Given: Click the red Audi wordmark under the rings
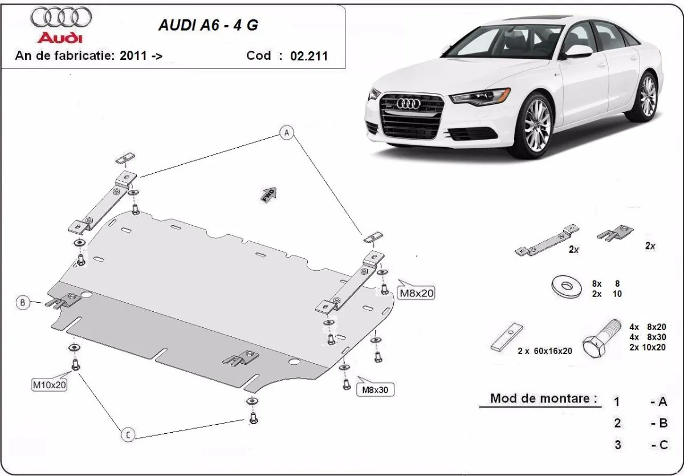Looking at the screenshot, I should (x=60, y=37).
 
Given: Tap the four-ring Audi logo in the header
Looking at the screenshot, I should (x=61, y=18).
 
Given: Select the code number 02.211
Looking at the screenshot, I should (x=309, y=56).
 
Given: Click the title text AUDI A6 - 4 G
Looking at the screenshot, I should (x=211, y=26).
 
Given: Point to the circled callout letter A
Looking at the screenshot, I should (x=287, y=133).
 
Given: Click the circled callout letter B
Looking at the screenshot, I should (x=23, y=302).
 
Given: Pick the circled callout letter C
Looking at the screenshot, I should (x=128, y=435).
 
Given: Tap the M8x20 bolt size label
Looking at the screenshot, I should (x=416, y=294).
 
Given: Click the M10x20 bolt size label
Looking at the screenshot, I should (x=50, y=385).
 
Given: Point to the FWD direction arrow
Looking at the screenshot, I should (x=268, y=194).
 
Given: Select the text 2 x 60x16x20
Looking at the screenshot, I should (x=544, y=351).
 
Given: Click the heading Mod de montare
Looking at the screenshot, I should (x=544, y=398).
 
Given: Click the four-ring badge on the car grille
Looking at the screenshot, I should (x=408, y=103).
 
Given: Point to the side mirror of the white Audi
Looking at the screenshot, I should (x=577, y=52).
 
